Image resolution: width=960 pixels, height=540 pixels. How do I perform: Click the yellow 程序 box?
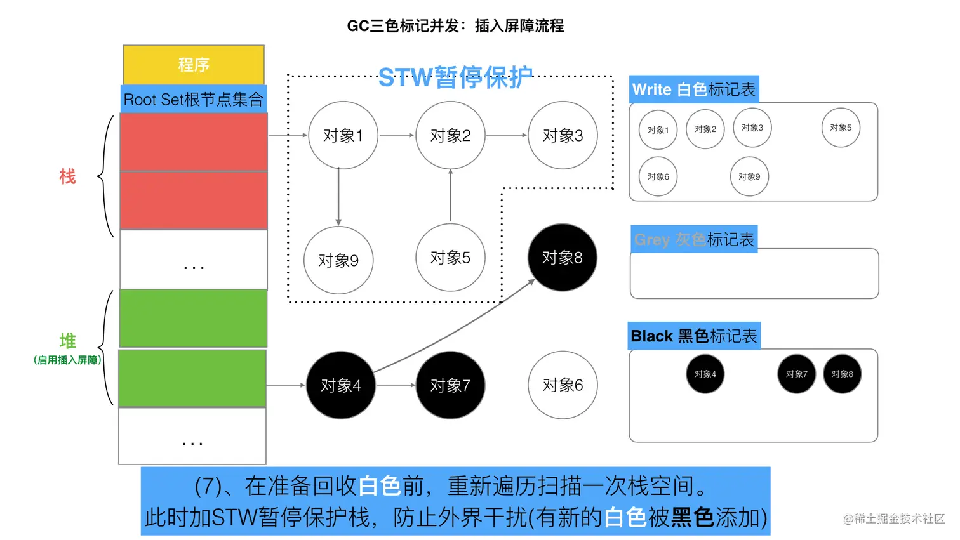point(194,65)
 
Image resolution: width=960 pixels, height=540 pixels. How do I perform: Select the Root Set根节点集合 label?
point(194,100)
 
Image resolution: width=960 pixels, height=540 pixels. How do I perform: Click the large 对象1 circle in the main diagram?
point(343,135)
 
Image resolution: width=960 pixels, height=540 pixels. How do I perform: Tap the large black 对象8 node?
point(562,257)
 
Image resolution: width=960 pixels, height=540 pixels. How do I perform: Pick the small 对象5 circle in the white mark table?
point(841,128)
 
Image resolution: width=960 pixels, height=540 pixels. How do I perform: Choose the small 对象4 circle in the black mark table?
point(705,374)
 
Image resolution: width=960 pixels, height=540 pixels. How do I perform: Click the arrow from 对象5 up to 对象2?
point(451,195)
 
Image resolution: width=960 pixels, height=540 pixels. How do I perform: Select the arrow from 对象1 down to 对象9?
point(338,197)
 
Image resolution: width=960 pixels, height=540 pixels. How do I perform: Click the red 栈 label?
point(68,176)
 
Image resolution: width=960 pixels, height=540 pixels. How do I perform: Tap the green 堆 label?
point(68,341)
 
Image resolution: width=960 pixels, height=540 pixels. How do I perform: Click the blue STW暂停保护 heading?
point(455,78)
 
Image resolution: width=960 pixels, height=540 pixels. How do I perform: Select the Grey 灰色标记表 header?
point(694,240)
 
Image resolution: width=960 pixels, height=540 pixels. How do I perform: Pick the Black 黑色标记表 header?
point(694,336)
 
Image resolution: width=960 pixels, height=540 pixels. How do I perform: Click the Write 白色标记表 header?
point(694,89)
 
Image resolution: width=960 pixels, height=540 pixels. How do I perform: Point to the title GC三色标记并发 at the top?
point(455,26)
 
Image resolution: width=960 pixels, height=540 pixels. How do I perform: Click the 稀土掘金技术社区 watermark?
point(894,518)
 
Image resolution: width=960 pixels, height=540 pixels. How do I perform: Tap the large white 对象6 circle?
point(563,385)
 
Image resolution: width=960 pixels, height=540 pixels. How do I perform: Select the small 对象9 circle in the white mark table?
point(749,176)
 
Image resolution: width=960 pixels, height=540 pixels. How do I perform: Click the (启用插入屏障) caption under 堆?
point(67,360)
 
